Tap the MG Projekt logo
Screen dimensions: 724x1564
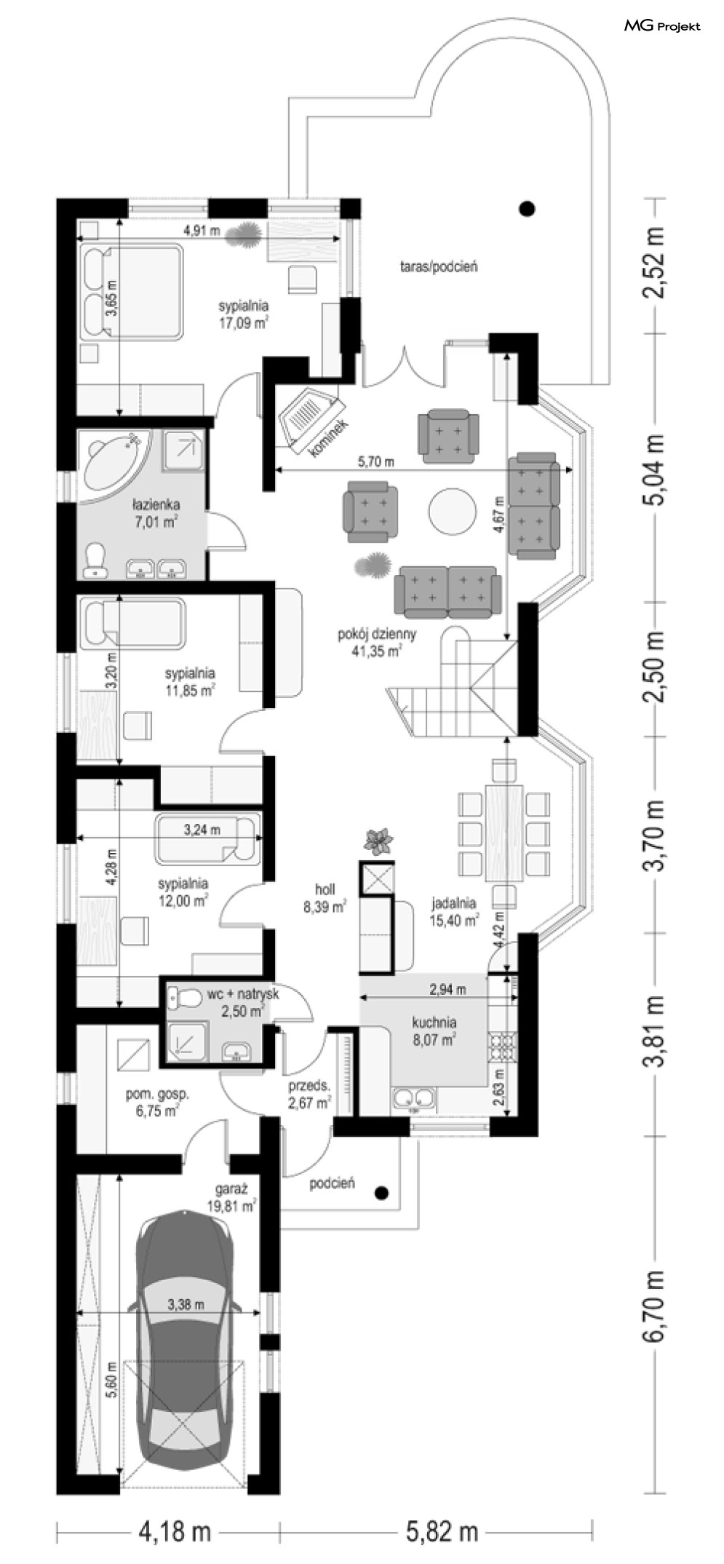coord(662,26)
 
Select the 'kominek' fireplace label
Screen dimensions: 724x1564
coord(329,439)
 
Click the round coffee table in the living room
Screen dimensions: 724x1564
coord(452,512)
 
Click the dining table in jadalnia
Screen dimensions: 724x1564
coord(504,833)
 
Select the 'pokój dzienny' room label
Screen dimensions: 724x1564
coord(377,634)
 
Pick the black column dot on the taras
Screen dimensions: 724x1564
coord(528,209)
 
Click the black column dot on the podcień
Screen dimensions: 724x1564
coord(381,1193)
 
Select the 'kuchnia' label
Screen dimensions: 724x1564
coord(434,1022)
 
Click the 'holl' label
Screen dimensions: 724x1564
coord(325,889)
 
